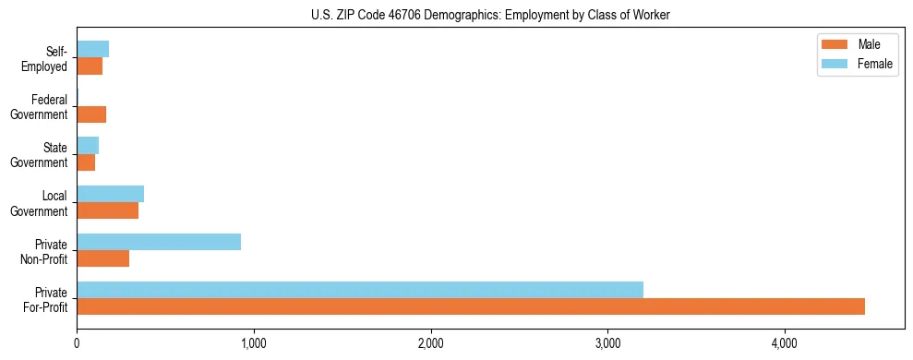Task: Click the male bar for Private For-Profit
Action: point(471,306)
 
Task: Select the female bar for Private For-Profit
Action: point(360,290)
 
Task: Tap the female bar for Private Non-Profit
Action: point(159,242)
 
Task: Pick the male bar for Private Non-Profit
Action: point(103,258)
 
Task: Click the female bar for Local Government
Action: point(111,194)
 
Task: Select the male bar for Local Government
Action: point(108,210)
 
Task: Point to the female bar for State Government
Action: point(88,146)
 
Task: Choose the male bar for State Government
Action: point(86,162)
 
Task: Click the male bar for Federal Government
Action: point(91,114)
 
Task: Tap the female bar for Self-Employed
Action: point(93,49)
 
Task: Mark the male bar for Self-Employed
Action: point(90,66)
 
